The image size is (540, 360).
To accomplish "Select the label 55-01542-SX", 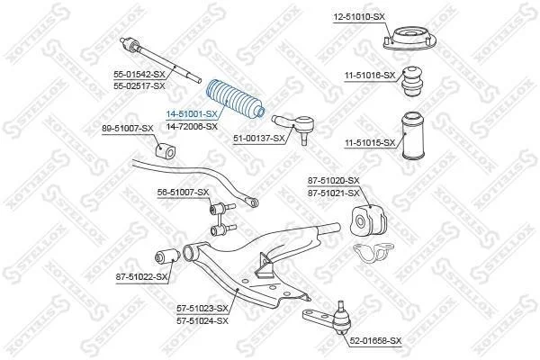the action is (139, 74).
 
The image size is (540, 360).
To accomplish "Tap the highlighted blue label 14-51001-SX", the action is (192, 113).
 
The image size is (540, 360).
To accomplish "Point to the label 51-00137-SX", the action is (259, 139).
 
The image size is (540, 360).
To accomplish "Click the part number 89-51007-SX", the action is (128, 129).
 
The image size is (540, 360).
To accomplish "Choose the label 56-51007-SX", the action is (184, 193).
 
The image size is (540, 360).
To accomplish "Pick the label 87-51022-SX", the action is (141, 276).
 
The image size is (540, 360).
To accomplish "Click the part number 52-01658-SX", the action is (375, 341).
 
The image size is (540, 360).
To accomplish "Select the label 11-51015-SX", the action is (371, 142).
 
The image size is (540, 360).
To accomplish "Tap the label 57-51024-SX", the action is (202, 321).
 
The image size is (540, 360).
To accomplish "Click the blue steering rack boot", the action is (235, 100).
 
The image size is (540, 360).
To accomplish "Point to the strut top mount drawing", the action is (409, 40).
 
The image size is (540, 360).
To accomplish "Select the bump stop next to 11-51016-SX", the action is (412, 81).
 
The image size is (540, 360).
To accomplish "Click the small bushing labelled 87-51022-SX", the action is (167, 256).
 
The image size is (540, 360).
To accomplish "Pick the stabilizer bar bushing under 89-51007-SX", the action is (164, 151).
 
